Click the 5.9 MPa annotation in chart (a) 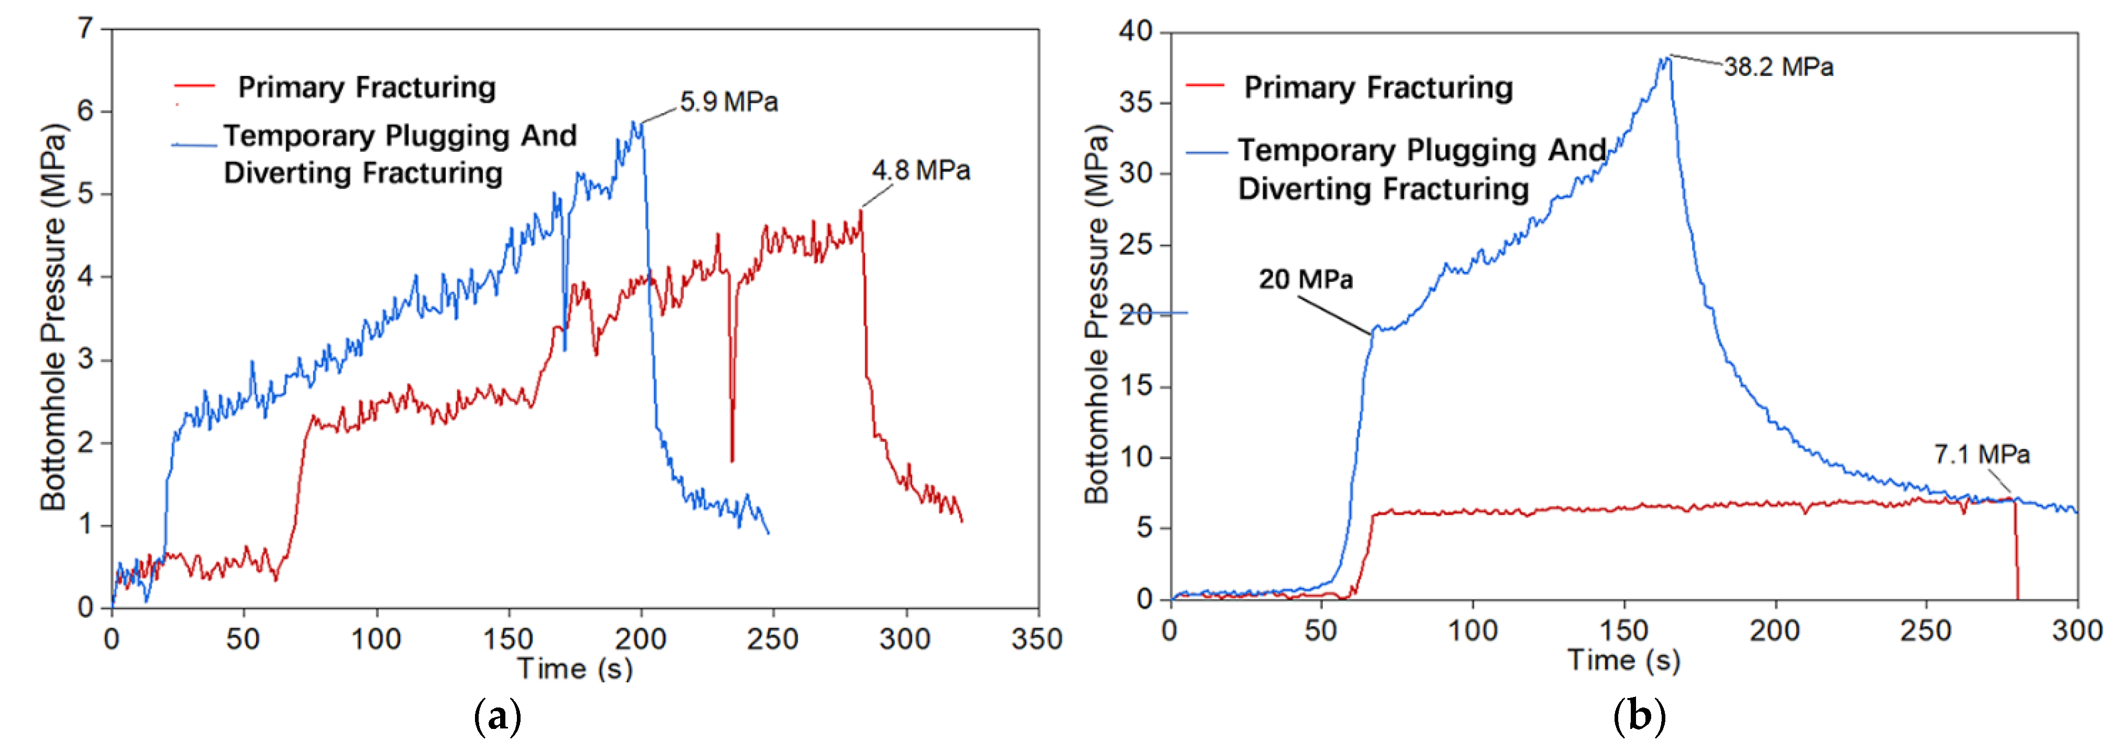click(728, 102)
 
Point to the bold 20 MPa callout click(1305, 279)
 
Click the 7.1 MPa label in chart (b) click(1981, 454)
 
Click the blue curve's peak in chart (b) click(1667, 58)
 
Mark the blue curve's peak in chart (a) click(634, 123)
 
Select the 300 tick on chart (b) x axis click(2076, 631)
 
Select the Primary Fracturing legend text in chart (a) click(367, 87)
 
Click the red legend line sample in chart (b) click(1204, 86)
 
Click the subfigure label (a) click(498, 716)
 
